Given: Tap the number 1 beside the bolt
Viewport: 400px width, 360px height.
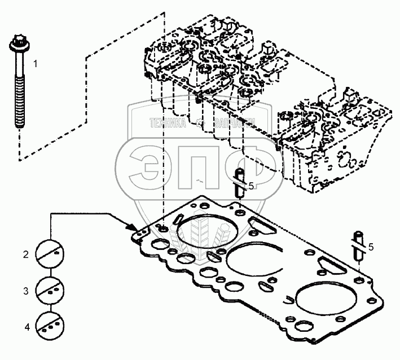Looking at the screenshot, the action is tap(35, 64).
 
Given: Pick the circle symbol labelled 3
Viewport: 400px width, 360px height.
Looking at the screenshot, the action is tap(50, 290).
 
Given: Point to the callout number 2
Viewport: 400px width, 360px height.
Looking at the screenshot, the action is tap(25, 255).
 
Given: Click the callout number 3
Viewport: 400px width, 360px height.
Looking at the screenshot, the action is tap(25, 291).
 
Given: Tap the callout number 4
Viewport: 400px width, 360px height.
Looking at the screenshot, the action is tap(25, 327).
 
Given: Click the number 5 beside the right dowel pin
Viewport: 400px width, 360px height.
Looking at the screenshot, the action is tap(370, 247).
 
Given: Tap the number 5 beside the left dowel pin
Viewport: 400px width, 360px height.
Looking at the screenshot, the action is tap(252, 186).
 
